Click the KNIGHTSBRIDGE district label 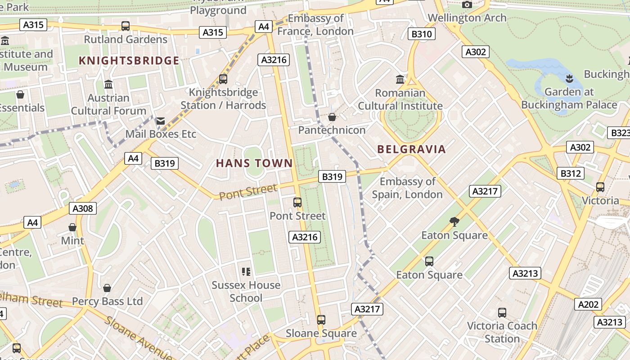pos(129,61)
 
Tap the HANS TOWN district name pos(254,163)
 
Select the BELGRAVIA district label pos(411,149)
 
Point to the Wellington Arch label pos(467,18)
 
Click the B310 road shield pos(422,34)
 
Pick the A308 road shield pos(83,208)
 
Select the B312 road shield pos(571,173)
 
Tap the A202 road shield pos(588,305)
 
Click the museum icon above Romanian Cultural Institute pos(400,80)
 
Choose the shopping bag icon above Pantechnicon pos(332,117)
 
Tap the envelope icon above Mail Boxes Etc pos(161,121)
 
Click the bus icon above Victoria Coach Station pos(502,312)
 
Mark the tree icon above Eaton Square pos(454,221)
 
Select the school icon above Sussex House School pos(246,271)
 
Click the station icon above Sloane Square pos(321,320)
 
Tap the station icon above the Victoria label pos(600,187)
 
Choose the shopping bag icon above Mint pos(72,227)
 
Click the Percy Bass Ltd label pos(107,301)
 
